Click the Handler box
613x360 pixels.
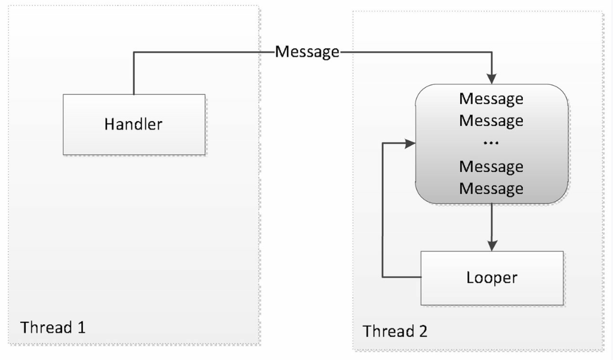coord(134,124)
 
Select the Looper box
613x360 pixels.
coord(492,278)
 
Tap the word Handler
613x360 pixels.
coord(133,124)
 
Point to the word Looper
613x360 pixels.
coord(492,278)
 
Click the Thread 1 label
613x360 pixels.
coord(53,328)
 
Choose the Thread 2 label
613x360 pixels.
coord(395,331)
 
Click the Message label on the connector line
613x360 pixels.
coord(307,52)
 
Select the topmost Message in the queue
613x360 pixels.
coord(491,99)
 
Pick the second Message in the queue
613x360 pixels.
coord(491,121)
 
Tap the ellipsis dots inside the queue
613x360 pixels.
coord(491,143)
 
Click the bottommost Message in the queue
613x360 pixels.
coord(491,189)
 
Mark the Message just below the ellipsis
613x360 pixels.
coord(491,167)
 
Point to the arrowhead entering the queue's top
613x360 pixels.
coord(491,79)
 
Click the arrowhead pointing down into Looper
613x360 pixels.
coord(492,246)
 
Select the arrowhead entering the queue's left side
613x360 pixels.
coord(410,143)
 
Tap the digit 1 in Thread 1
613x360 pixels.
coord(81,328)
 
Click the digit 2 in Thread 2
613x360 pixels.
coord(423,331)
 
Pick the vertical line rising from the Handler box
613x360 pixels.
coord(134,73)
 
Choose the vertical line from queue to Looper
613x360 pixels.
coord(492,223)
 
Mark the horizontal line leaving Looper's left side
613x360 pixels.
coord(402,277)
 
